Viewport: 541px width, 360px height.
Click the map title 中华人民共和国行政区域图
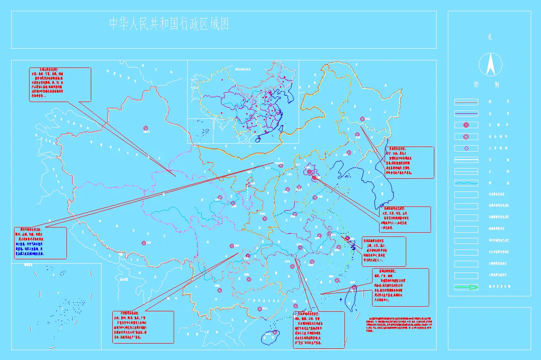[x=169, y=24]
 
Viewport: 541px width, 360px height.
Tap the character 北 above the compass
[x=490, y=37]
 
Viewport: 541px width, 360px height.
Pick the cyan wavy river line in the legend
[x=466, y=183]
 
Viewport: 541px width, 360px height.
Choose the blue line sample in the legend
[x=466, y=113]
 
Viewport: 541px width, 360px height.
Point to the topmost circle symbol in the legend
[x=466, y=125]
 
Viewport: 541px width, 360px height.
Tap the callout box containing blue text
[x=39, y=243]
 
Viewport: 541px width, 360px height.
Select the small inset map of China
[x=243, y=102]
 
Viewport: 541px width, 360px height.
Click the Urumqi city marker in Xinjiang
[x=146, y=128]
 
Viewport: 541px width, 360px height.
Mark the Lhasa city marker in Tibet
[x=143, y=242]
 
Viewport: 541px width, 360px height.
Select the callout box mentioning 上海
[x=384, y=251]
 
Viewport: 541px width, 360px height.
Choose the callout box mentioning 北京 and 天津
[x=404, y=219]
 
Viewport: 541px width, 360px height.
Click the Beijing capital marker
[x=310, y=172]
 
